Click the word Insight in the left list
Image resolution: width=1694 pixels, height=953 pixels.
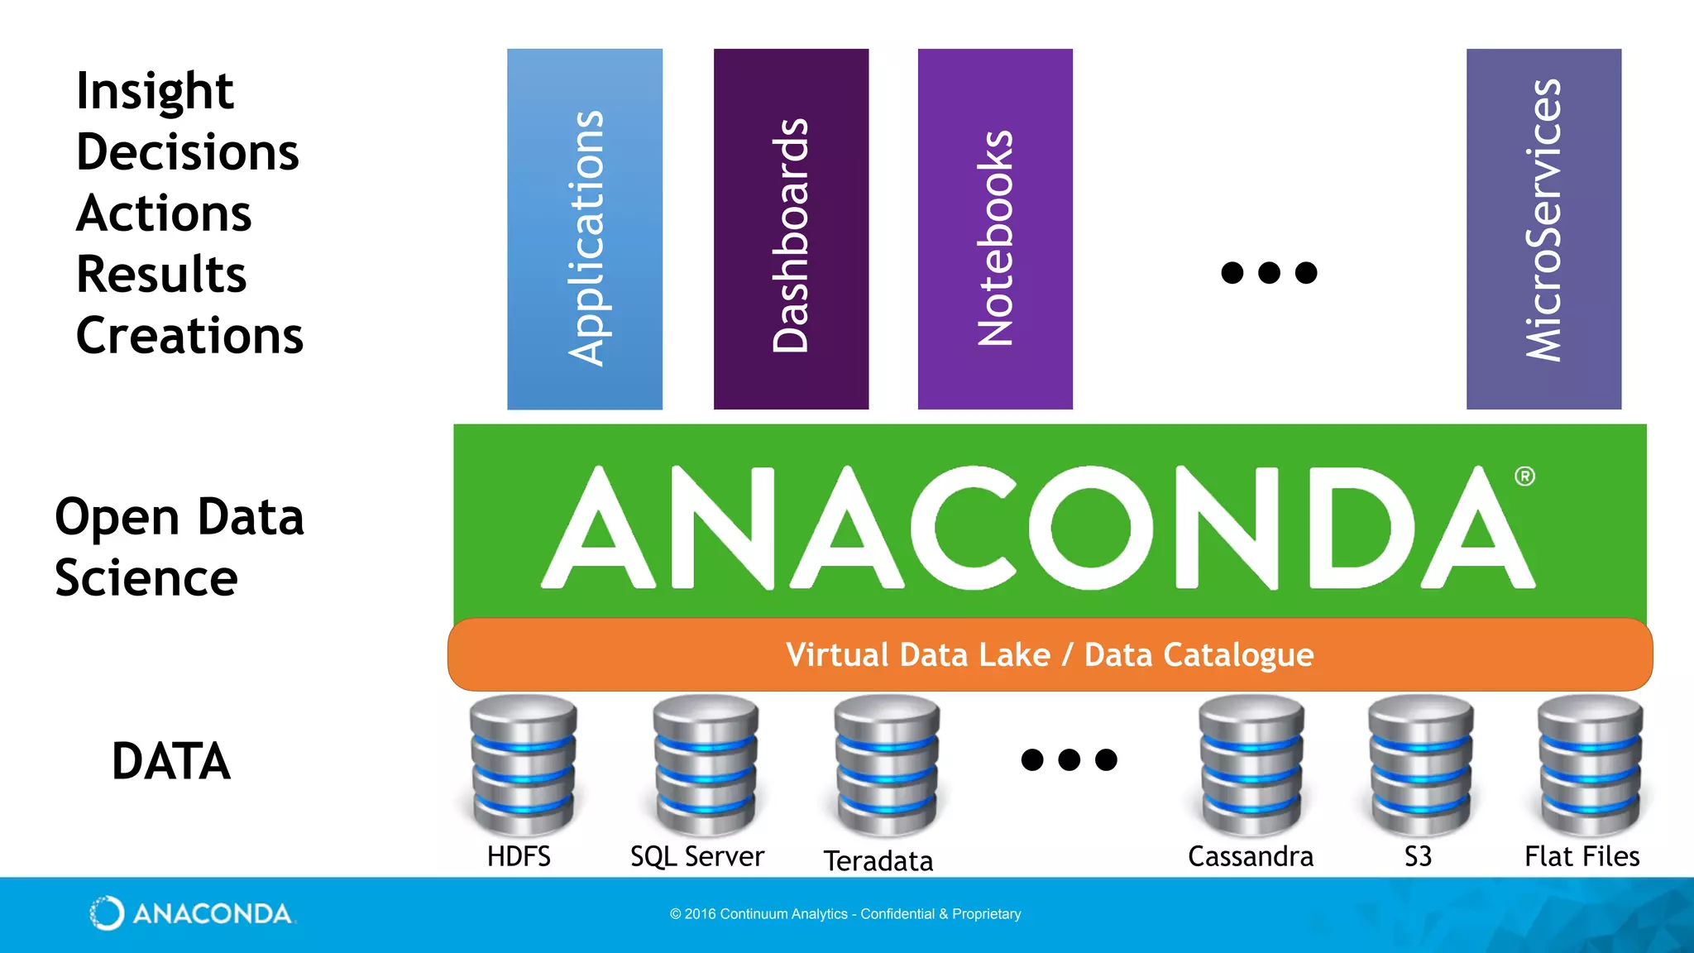click(x=155, y=91)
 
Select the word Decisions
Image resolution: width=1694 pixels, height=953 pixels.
click(x=188, y=152)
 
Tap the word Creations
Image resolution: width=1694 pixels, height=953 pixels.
click(x=189, y=336)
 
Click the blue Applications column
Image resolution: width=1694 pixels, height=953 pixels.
click(x=585, y=229)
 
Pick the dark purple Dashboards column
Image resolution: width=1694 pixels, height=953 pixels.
click(x=791, y=229)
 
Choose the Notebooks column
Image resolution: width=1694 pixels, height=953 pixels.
click(x=995, y=229)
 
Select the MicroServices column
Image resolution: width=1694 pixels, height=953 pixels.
click(x=1543, y=229)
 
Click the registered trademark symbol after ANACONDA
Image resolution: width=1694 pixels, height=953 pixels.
click(x=1524, y=476)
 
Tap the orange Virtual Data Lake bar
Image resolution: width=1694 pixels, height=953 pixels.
click(x=1050, y=654)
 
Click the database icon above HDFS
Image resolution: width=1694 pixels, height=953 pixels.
click(x=523, y=764)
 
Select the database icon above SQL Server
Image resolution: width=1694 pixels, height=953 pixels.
click(x=706, y=764)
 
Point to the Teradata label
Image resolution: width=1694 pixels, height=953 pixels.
click(x=878, y=861)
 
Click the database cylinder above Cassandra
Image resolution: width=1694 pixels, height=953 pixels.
click(x=1251, y=764)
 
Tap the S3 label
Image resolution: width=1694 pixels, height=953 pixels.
click(x=1418, y=856)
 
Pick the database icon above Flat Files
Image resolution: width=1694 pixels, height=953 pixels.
click(x=1590, y=764)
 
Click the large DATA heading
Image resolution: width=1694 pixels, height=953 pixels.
click(x=171, y=761)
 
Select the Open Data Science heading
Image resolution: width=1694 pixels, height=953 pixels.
click(x=179, y=547)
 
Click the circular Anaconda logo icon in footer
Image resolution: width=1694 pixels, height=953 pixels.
click(x=107, y=913)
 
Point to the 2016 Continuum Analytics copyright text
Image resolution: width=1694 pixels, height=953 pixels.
click(x=845, y=914)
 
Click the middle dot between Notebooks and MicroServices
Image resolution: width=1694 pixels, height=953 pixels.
click(x=1269, y=272)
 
